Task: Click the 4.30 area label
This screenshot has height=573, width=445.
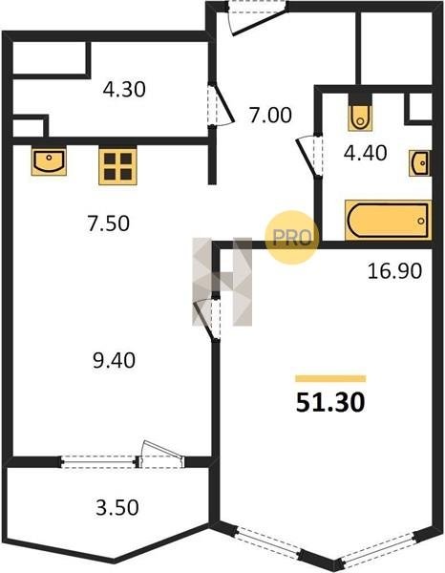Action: (124, 90)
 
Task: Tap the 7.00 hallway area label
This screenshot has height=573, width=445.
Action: (270, 116)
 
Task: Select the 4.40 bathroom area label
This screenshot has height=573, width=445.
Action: (365, 153)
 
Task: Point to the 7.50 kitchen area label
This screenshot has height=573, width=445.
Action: (108, 223)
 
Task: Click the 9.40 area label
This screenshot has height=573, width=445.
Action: (114, 361)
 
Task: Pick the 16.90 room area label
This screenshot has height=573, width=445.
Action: (394, 271)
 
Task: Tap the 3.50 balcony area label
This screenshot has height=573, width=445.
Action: (117, 508)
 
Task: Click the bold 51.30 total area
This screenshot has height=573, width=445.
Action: (330, 403)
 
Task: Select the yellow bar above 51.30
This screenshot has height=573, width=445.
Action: (330, 378)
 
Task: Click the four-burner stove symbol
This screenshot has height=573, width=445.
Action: (117, 166)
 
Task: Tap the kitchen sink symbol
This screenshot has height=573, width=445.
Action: (49, 161)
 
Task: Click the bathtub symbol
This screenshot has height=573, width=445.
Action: (389, 221)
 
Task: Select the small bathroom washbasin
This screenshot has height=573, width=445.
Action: (420, 163)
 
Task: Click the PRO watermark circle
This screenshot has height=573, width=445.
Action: (292, 238)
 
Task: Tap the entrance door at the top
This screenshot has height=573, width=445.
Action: (256, 17)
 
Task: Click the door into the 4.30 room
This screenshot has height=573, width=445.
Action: (220, 105)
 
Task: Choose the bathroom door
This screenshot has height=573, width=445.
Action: (309, 156)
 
